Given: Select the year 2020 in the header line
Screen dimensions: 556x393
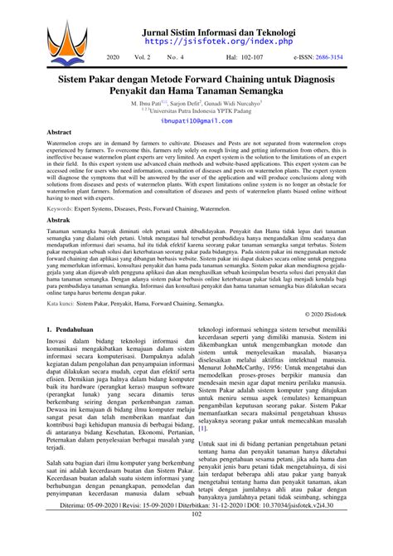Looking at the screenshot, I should point(114,59).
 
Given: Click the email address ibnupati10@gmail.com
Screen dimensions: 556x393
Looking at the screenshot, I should point(196,120).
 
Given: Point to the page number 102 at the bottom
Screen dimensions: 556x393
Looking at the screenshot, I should point(196,538).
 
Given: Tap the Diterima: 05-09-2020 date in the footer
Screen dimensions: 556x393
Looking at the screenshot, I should point(86,526).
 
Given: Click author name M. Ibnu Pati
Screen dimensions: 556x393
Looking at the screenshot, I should point(148,102).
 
